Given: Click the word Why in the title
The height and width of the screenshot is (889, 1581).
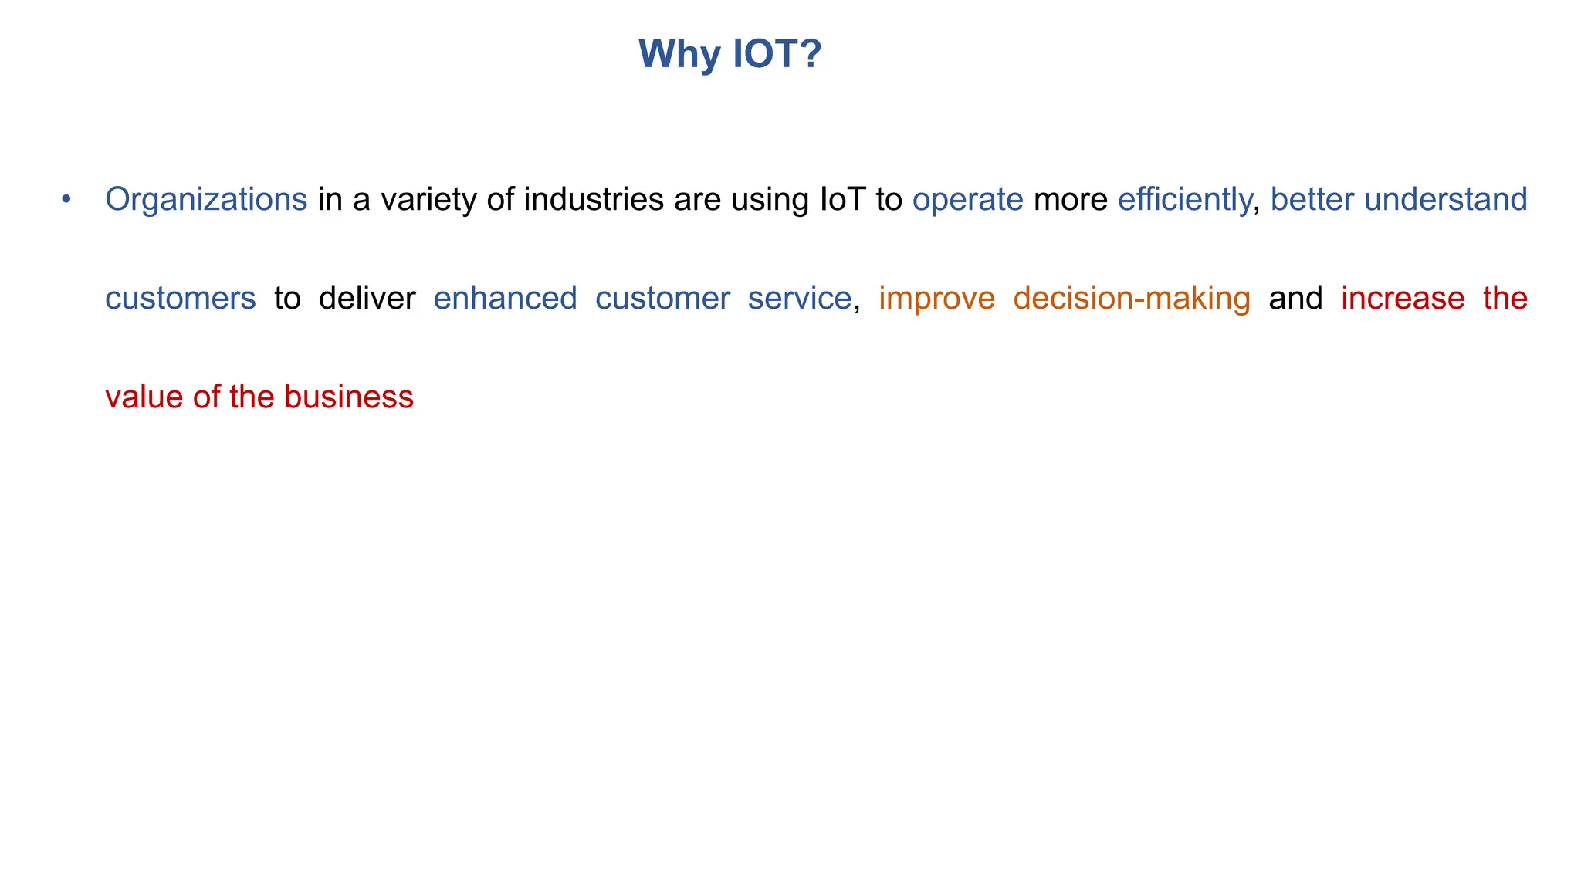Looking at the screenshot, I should coord(679,55).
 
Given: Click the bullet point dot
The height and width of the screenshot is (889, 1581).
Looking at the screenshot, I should coord(66,199).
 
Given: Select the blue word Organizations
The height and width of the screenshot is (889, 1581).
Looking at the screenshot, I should coord(206,200).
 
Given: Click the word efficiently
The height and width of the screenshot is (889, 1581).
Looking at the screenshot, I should coord(1184,200).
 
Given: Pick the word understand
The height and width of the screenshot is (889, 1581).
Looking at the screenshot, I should coord(1445,199).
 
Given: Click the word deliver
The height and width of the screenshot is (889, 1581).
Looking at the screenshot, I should coord(367,298).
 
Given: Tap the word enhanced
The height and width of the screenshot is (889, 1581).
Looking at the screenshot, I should coord(505,298).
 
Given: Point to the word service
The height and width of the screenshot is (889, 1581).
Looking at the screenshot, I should coord(799,298).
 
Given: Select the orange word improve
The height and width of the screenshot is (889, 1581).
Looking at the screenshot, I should coord(936,299).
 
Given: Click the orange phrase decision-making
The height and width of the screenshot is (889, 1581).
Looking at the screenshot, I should coord(1131,299).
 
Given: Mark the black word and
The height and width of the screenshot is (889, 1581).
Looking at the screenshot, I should coord(1295,298).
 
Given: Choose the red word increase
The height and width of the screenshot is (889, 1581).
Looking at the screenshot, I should coord(1403,298).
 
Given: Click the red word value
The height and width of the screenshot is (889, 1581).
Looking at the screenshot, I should coord(144,397).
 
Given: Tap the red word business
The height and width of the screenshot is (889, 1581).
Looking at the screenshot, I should coord(348,397).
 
